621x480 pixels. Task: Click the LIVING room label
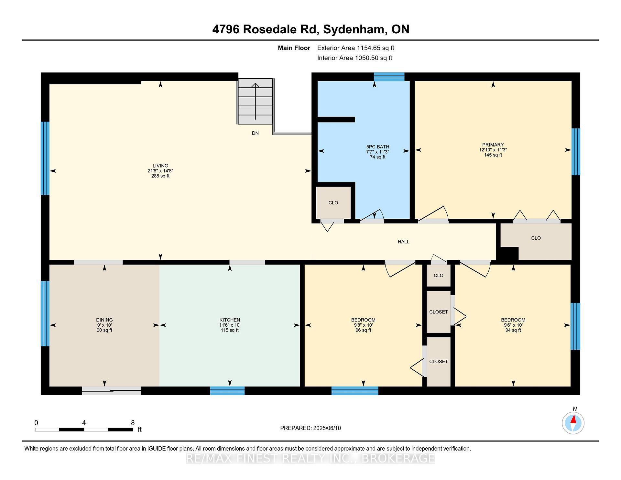coord(160,166)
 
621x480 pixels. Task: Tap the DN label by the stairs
coord(255,133)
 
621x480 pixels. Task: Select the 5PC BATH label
coord(378,147)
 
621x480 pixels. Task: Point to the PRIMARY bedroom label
coord(493,145)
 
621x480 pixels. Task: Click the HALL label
coord(404,242)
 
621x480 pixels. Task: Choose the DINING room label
coord(104,320)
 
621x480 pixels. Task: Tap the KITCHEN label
coord(230,320)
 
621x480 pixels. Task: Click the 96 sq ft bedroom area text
coord(364,330)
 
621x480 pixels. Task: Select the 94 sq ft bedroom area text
coord(513,330)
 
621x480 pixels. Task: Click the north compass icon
coord(573,423)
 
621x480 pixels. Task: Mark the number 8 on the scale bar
coord(133,422)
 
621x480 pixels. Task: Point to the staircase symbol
coord(256,101)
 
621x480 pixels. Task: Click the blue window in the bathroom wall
coord(389,77)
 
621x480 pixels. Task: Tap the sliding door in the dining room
coord(112,391)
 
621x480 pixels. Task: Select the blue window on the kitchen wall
coord(227,391)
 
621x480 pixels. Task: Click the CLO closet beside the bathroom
coord(333,203)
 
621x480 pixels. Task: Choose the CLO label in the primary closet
coord(536,238)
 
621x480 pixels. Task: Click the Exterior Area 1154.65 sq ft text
coord(356,48)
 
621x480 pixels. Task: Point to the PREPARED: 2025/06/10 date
coord(310,428)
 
